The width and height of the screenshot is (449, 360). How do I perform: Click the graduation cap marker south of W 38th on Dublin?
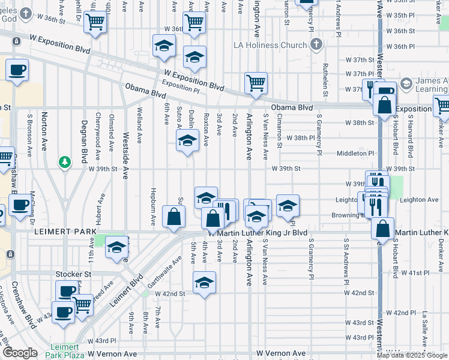pyautogui.click(x=187, y=142)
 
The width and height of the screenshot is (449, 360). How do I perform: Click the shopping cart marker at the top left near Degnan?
pyautogui.click(x=95, y=22)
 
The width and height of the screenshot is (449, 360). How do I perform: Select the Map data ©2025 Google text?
pyautogui.click(x=411, y=355)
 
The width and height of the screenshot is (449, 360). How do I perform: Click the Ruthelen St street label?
pyautogui.click(x=325, y=82)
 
